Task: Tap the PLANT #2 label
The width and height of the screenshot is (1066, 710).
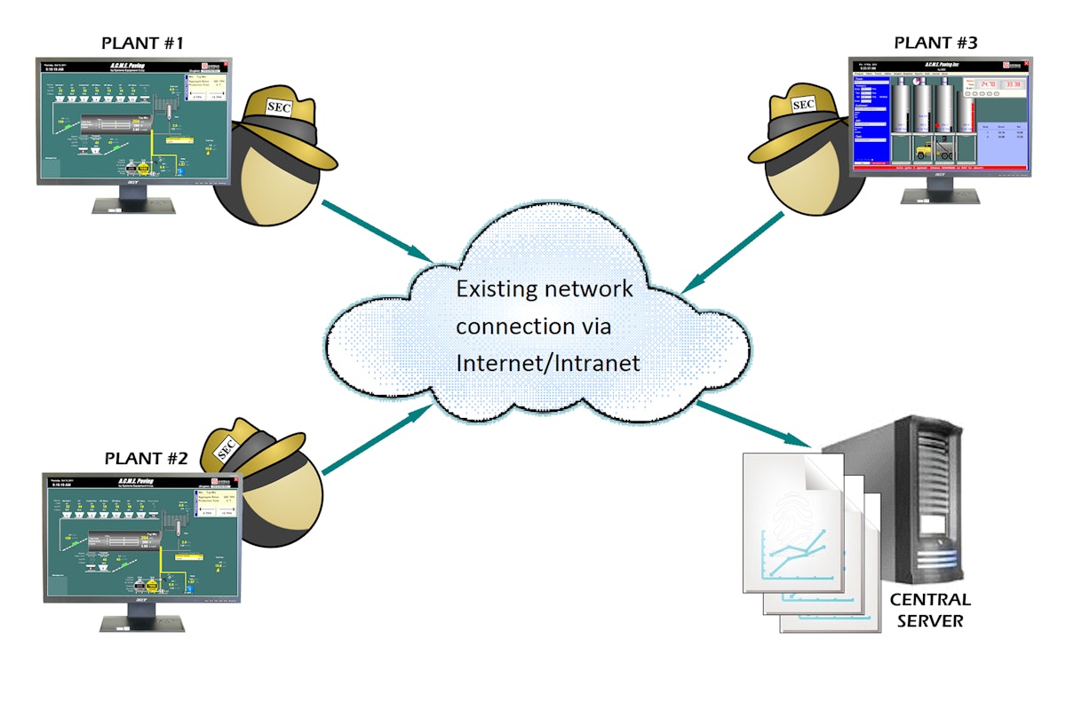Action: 147,459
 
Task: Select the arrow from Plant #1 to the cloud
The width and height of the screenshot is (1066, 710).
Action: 378,232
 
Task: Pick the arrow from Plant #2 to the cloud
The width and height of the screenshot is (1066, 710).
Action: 378,440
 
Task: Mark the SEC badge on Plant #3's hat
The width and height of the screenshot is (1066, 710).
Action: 803,104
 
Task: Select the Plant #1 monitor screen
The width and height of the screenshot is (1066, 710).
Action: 133,119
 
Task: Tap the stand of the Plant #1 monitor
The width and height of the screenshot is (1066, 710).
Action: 133,203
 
